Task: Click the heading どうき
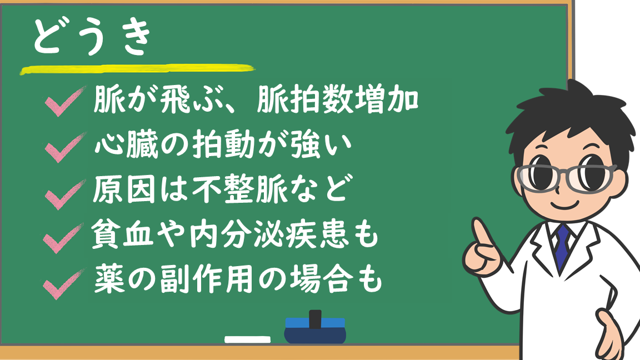click(x=92, y=37)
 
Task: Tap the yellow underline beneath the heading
click(x=138, y=69)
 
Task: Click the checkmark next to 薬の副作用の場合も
click(x=63, y=284)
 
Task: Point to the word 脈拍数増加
click(x=338, y=100)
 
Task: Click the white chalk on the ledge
click(x=247, y=339)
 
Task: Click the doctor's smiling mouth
click(x=566, y=204)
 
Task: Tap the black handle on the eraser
click(x=315, y=319)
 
